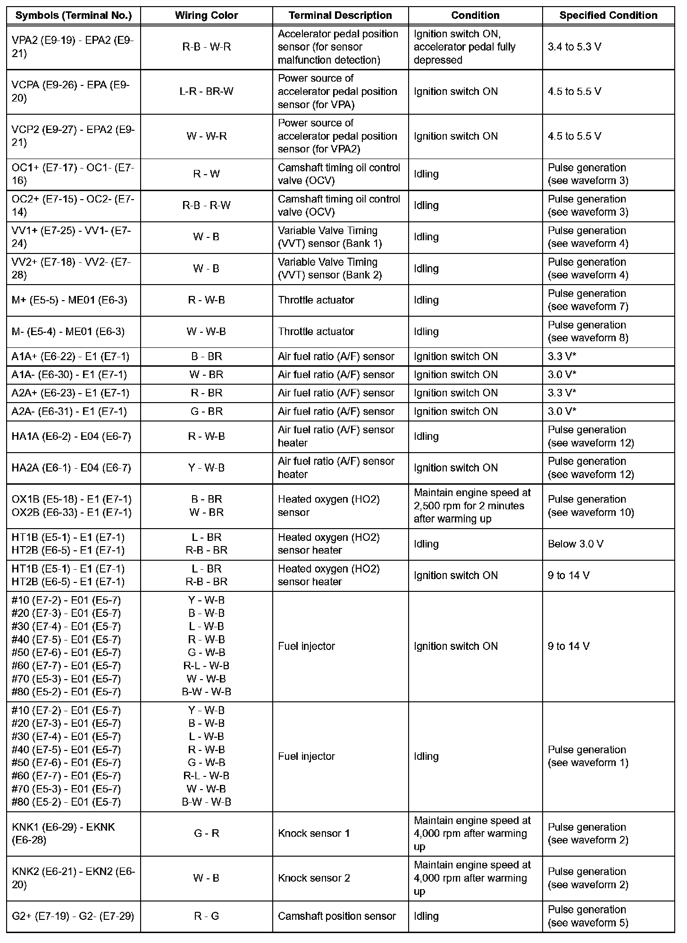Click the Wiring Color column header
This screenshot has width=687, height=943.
point(206,16)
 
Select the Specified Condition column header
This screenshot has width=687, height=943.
point(608,16)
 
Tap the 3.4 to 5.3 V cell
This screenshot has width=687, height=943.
point(575,47)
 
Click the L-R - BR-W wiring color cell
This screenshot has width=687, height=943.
point(206,92)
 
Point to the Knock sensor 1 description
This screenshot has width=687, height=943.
point(314,834)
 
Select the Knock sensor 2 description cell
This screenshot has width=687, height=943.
point(314,878)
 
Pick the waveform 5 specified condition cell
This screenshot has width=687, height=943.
point(587,916)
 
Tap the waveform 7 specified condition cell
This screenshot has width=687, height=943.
point(587,300)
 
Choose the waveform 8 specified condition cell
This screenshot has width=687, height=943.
point(587,332)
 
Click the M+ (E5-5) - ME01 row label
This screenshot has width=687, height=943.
point(69,300)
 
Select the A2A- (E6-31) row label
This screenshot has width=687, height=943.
point(69,412)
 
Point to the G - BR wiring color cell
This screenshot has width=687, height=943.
point(206,412)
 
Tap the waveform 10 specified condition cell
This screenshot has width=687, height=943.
point(590,506)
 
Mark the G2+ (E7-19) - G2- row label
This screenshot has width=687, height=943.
point(73,916)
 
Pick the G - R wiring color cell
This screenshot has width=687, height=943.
point(206,834)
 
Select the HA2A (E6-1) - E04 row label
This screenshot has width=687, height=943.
point(71,468)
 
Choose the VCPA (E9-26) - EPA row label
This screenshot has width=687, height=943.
point(70,92)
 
